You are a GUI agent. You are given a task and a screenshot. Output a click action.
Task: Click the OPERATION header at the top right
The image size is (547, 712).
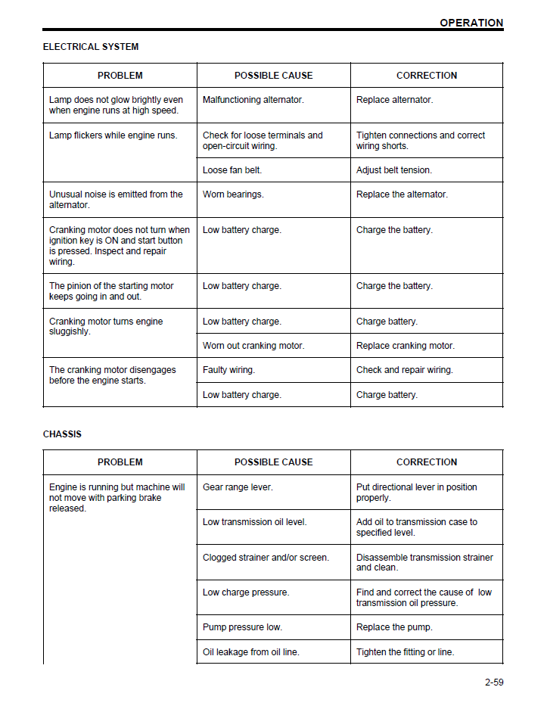point(471,23)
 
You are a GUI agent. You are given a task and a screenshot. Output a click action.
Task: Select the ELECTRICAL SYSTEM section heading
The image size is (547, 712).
point(91,47)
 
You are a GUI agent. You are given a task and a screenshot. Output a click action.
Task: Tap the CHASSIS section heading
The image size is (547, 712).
point(62,434)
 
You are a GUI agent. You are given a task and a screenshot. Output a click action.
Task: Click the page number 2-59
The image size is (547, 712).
point(494,682)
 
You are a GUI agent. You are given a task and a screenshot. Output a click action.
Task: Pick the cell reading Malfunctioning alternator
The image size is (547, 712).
point(253,100)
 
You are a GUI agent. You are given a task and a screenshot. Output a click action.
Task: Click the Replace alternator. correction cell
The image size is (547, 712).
point(395,100)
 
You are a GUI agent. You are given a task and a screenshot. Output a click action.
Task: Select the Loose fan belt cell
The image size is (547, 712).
point(232,170)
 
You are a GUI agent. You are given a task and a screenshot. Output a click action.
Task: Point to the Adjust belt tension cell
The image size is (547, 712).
point(394,170)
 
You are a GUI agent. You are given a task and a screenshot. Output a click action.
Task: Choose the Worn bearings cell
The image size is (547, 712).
point(233,194)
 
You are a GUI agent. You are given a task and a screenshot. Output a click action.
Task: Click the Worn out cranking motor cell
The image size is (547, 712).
point(253,346)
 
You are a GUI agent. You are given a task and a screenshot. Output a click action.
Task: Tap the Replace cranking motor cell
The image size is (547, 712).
point(406,346)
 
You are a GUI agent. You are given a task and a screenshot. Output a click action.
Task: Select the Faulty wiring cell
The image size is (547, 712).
point(228,370)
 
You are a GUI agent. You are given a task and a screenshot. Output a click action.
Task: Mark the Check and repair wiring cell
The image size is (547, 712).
point(405,370)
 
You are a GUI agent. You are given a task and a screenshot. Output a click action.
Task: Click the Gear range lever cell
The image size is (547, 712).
point(238,487)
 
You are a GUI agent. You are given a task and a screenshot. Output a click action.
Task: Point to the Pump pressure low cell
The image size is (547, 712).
point(242,627)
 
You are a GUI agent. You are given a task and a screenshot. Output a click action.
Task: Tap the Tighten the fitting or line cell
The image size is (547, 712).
point(406,652)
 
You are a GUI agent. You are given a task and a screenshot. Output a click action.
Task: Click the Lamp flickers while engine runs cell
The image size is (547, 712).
point(113,135)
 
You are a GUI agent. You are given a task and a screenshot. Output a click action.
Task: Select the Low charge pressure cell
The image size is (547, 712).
point(246,592)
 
